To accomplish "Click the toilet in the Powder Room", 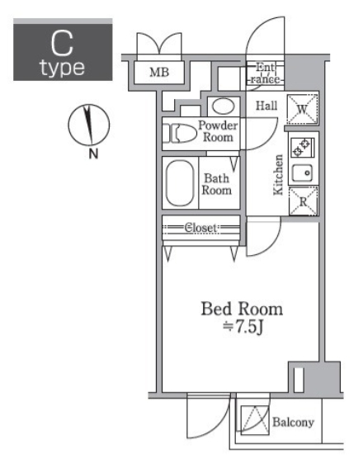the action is point(180,134).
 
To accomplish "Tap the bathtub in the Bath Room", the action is point(180,183).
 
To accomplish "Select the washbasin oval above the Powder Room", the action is point(224,106).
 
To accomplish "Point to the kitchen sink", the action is point(302,172).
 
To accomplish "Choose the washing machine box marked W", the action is point(302,109).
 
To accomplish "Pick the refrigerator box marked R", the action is point(303,201).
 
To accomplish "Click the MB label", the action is point(159,72).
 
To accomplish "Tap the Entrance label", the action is point(266,73).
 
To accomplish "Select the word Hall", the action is point(266,106).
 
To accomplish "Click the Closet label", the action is point(200,228).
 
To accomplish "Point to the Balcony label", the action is point(293,423).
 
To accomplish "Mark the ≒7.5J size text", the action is point(243,327).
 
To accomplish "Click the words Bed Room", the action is point(242,309).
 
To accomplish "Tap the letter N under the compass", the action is point(93,154).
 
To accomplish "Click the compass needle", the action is point(88,125).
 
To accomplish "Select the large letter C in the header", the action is point(62,44).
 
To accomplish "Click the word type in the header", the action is point(63,68).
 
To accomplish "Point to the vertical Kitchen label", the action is point(278,174).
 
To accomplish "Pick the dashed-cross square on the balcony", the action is point(255,420).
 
